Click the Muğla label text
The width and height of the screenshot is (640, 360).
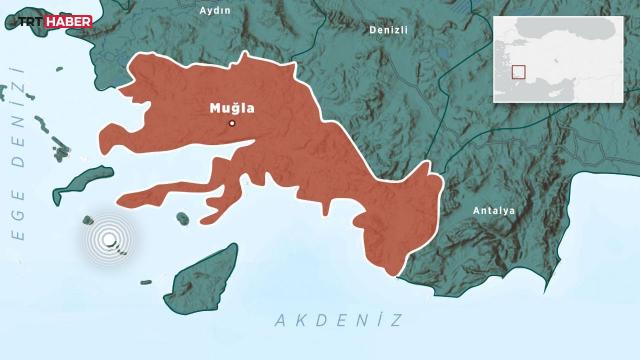[x=231, y=106]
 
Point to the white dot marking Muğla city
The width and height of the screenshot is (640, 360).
[x=232, y=123]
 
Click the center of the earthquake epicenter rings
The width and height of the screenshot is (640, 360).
[x=109, y=240]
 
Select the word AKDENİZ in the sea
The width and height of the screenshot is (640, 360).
[x=337, y=320]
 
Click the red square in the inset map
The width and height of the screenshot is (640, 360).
[x=518, y=71]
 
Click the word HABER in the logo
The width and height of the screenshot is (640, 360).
[x=71, y=21]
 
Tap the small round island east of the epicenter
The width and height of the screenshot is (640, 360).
[x=182, y=217]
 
